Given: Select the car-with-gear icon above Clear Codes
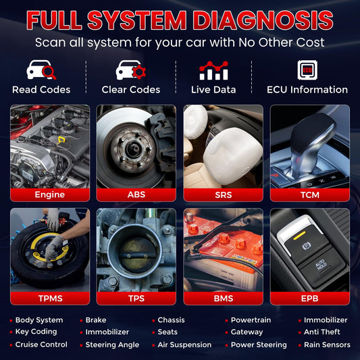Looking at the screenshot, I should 130,70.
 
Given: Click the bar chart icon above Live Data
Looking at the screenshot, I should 213,70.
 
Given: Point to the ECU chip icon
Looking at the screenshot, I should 307,70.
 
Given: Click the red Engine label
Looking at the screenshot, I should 50,195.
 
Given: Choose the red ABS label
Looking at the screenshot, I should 136,195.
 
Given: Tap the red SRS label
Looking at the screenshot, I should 223,195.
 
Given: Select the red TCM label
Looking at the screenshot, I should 309,195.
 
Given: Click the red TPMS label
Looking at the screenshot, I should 50,297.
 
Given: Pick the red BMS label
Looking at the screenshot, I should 223,297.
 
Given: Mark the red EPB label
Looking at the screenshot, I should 309,297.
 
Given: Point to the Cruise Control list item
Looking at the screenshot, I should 41,344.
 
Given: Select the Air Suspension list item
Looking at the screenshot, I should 184,344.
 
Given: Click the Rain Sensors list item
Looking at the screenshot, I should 327,344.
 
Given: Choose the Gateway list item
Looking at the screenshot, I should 247,332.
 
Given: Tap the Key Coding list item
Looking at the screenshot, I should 36,332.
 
